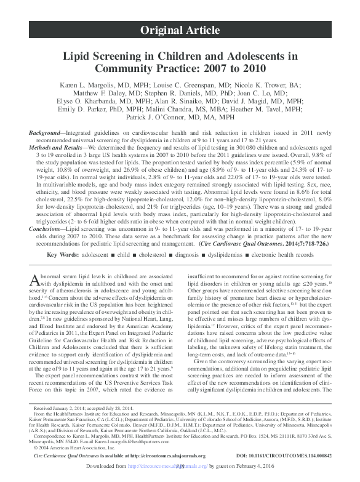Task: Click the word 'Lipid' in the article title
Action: (84, 55)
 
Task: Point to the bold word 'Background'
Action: (49, 134)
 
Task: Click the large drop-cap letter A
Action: (34, 280)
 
